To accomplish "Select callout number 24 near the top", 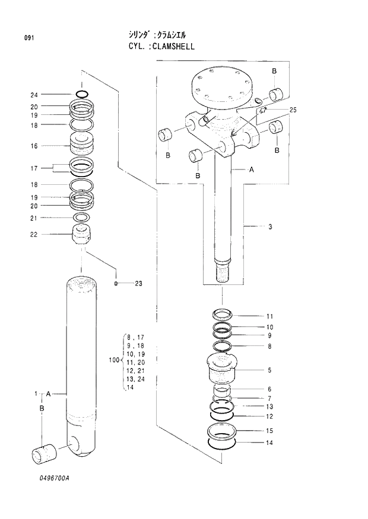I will [34, 95].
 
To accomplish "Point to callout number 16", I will [34, 146].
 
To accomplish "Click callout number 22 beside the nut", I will [34, 234].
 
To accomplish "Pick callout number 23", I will [138, 284].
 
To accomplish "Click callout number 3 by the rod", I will [270, 226].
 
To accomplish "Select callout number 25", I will [293, 111].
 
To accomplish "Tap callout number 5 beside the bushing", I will [269, 370].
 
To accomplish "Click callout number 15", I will [269, 431].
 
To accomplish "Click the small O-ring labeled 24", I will [82, 94].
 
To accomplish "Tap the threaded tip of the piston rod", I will [223, 273].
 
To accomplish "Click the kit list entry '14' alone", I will [130, 387].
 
